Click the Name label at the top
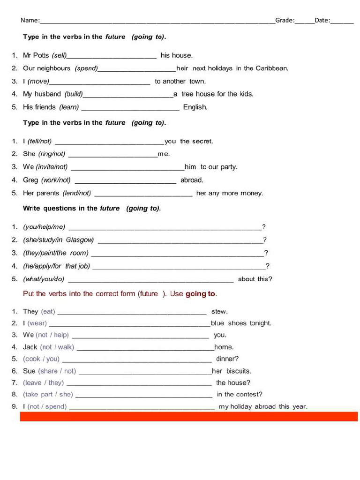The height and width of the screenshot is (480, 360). (30, 20)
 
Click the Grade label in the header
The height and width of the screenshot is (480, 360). (285, 20)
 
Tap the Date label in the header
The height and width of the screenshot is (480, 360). (322, 20)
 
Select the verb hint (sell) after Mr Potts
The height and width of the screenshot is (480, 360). (60, 55)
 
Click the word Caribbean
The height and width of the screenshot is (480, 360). (271, 68)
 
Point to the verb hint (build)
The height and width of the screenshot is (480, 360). (74, 94)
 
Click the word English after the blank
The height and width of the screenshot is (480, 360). (195, 107)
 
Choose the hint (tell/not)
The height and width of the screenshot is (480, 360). (40, 141)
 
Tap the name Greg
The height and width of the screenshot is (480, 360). (30, 180)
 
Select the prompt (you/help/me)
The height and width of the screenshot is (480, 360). (44, 227)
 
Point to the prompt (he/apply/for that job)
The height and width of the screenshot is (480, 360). (56, 266)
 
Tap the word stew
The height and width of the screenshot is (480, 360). (219, 311)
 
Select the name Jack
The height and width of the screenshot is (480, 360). (30, 347)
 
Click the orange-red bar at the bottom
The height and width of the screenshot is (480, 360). (188, 416)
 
